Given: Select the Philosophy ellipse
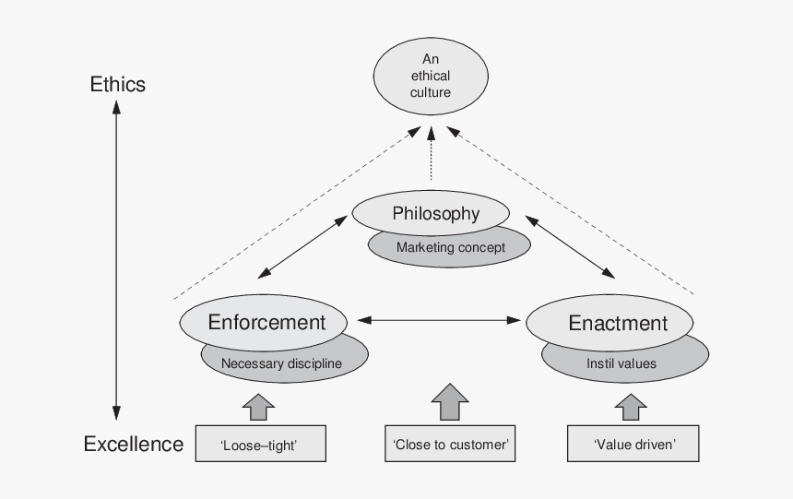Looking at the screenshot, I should click(x=436, y=213).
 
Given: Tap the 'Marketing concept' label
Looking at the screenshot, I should click(x=450, y=247).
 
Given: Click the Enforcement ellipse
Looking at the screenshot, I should click(x=266, y=322).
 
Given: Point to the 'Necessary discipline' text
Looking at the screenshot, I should click(x=281, y=363).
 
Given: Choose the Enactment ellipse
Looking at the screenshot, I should click(x=617, y=323).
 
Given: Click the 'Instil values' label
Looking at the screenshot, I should click(x=621, y=363).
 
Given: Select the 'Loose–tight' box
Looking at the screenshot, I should click(x=260, y=445).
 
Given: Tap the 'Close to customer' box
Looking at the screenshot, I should click(x=449, y=445).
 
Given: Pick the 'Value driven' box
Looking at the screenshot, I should click(x=634, y=445).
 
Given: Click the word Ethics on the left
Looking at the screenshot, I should click(x=117, y=85).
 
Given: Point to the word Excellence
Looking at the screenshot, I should click(x=134, y=445).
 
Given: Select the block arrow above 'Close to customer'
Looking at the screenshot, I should click(x=449, y=402).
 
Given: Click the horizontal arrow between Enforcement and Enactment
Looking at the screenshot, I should click(x=439, y=320).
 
